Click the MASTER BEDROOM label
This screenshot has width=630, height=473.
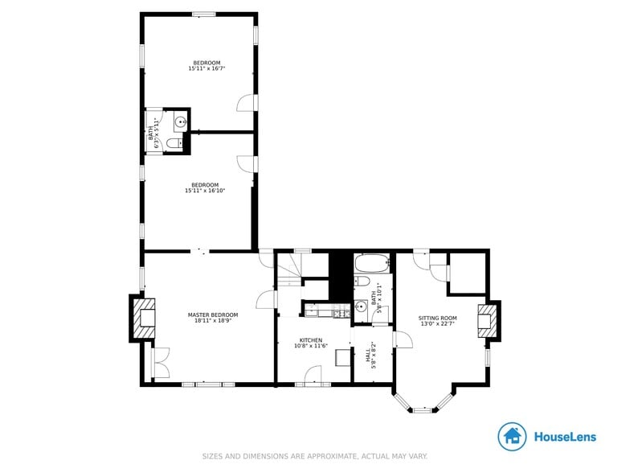point(213,315)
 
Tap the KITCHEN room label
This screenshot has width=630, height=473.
point(311,339)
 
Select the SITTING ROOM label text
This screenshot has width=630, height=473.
point(437,319)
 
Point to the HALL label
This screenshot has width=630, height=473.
point(369,355)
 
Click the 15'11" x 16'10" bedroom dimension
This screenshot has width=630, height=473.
point(205,191)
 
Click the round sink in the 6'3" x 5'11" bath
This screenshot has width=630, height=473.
point(181,122)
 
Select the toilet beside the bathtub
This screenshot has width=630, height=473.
point(362,282)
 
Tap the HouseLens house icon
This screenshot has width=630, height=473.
point(512,437)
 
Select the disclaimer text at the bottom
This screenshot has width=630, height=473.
point(314,456)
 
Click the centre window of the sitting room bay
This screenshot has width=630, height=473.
point(423,410)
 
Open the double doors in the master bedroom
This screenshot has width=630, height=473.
point(160,362)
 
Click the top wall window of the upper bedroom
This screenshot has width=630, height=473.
point(203,14)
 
